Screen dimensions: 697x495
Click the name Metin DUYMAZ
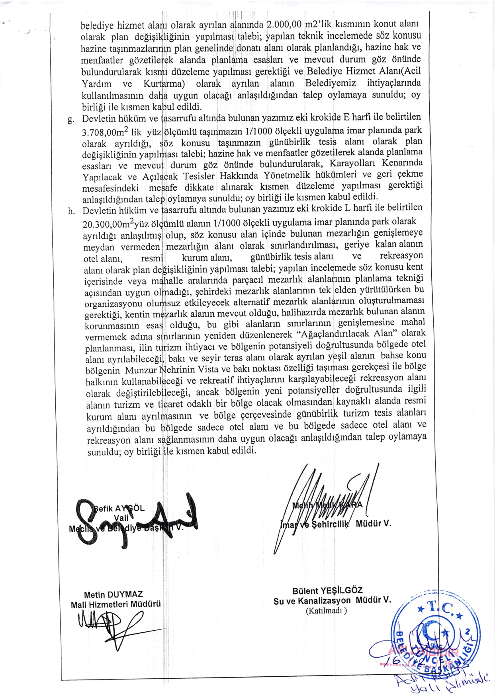tap(113, 594)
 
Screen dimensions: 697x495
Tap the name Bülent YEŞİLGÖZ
tap(327, 591)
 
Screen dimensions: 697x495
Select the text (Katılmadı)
tap(326, 611)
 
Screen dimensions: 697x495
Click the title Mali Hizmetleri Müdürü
tap(116, 604)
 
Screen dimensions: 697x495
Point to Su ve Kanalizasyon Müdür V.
tap(332, 601)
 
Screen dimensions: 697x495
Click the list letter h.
tap(71, 211)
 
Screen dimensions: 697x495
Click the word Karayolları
tap(351, 164)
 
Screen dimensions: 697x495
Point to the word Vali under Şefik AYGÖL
tap(121, 518)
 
